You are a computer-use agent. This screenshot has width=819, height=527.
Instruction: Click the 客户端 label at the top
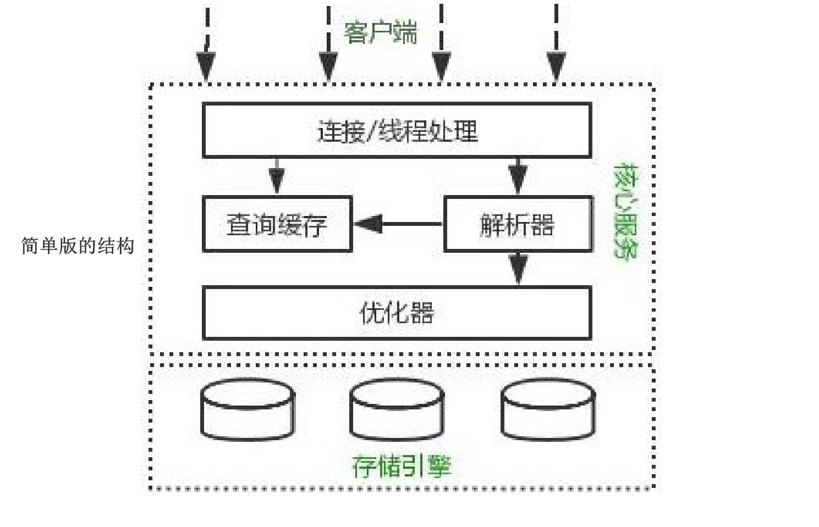click(380, 32)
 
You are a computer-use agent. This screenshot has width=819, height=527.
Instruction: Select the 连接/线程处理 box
click(397, 131)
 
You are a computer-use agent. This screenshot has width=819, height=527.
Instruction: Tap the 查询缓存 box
click(277, 224)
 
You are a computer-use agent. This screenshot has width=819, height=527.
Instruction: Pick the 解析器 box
click(518, 224)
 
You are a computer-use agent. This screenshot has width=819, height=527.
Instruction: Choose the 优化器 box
click(397, 313)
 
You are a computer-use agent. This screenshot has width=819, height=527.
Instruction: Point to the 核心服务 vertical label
click(625, 211)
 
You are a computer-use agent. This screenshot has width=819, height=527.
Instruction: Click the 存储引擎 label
click(401, 466)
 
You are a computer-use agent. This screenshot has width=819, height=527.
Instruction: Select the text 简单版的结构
click(78, 246)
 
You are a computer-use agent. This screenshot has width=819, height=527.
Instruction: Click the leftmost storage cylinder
click(248, 409)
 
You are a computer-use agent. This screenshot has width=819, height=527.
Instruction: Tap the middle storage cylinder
click(397, 409)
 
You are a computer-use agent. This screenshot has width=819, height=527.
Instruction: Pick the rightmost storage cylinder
click(548, 409)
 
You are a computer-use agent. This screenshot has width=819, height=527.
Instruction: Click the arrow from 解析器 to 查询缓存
click(397, 224)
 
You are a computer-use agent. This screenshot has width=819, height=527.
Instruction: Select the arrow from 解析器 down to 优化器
click(518, 268)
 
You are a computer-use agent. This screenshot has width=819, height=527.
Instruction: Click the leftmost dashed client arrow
click(207, 44)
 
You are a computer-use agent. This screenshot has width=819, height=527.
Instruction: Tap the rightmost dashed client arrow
click(556, 44)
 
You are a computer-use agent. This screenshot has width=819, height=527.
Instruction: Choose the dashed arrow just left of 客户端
click(328, 44)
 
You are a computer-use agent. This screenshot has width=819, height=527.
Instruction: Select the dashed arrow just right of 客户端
click(441, 44)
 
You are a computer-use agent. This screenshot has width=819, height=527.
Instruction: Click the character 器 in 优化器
click(422, 313)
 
